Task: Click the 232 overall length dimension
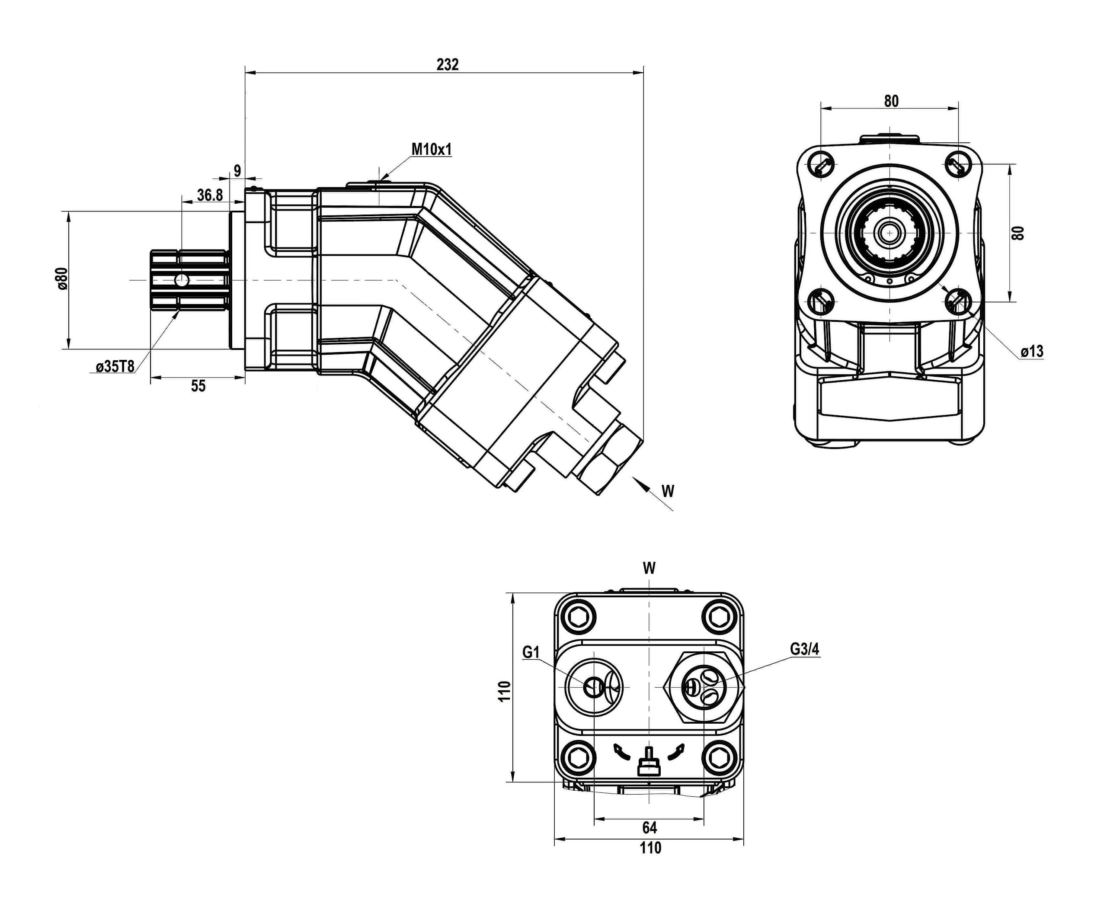tap(447, 64)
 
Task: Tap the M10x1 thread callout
tap(432, 150)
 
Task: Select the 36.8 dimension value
tap(210, 195)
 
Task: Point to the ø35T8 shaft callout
tap(115, 367)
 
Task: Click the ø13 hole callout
tap(1031, 352)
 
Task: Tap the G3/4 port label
tap(805, 649)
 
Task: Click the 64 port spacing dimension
tap(649, 827)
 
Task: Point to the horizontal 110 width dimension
tap(650, 848)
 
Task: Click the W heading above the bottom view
tap(649, 568)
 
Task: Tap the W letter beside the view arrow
tap(668, 490)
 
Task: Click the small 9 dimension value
tap(237, 171)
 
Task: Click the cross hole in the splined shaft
tap(182, 280)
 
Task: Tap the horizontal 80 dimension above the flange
tap(891, 101)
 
